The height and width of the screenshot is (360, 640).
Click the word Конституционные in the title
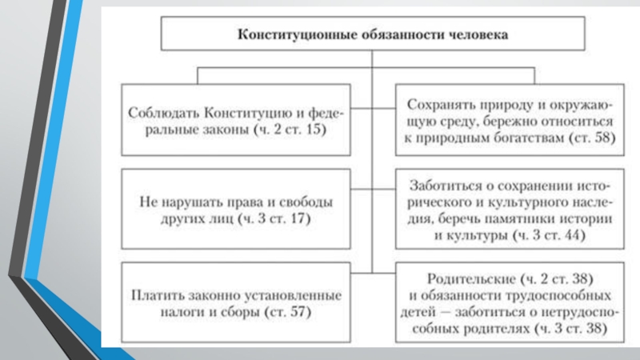[x=286, y=36]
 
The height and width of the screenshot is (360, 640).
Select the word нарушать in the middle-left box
[x=194, y=199]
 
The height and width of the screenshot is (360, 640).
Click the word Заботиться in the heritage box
[x=445, y=184]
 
